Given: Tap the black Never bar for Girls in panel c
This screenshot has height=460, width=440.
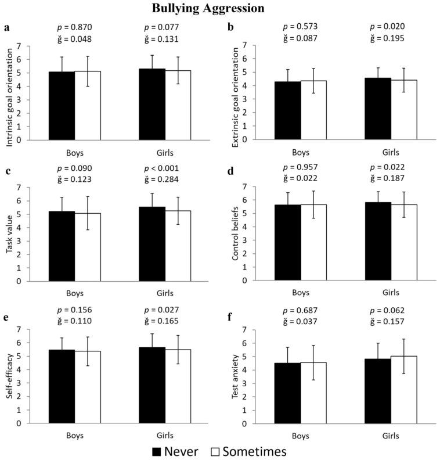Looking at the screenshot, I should pos(152,244).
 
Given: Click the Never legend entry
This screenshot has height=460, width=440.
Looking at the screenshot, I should pos(180,451).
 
